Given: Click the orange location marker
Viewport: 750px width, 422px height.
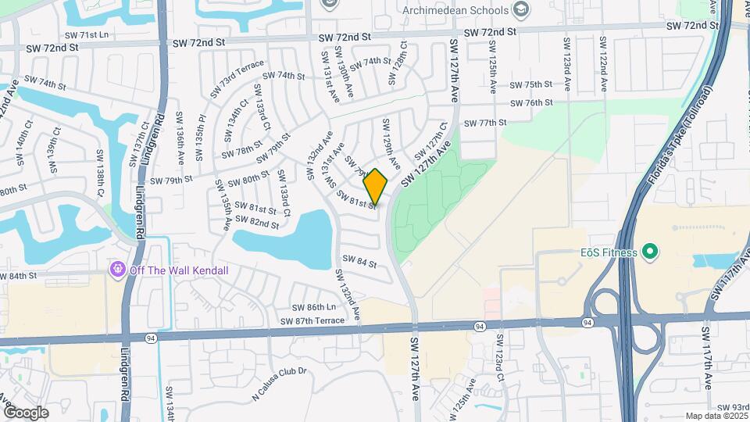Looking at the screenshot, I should pyautogui.click(x=376, y=186).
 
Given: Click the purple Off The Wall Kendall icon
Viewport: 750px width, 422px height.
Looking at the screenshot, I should pyautogui.click(x=118, y=270).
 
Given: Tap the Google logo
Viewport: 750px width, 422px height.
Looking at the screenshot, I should pyautogui.click(x=26, y=412).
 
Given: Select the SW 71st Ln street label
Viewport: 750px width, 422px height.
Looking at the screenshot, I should pyautogui.click(x=87, y=35).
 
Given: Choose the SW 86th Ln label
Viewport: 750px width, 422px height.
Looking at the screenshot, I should pyautogui.click(x=313, y=307).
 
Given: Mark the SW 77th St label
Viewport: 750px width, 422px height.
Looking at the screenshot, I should pyautogui.click(x=485, y=123).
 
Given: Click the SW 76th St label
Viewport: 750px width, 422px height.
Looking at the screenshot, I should pyautogui.click(x=531, y=103).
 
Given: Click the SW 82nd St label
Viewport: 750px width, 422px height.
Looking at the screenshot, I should pyautogui.click(x=259, y=224).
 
